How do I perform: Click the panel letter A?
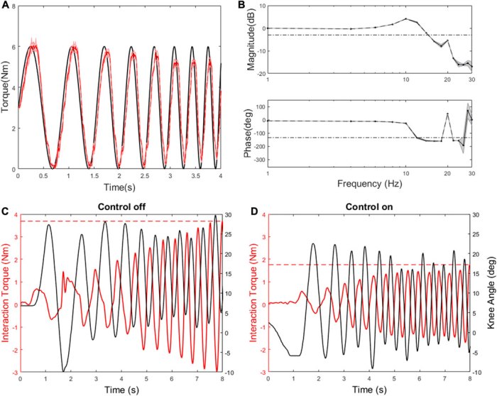click(x=6, y=5)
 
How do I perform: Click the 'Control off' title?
click(x=121, y=207)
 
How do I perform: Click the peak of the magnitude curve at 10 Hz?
click(x=405, y=19)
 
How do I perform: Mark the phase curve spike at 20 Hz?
click(x=447, y=114)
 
